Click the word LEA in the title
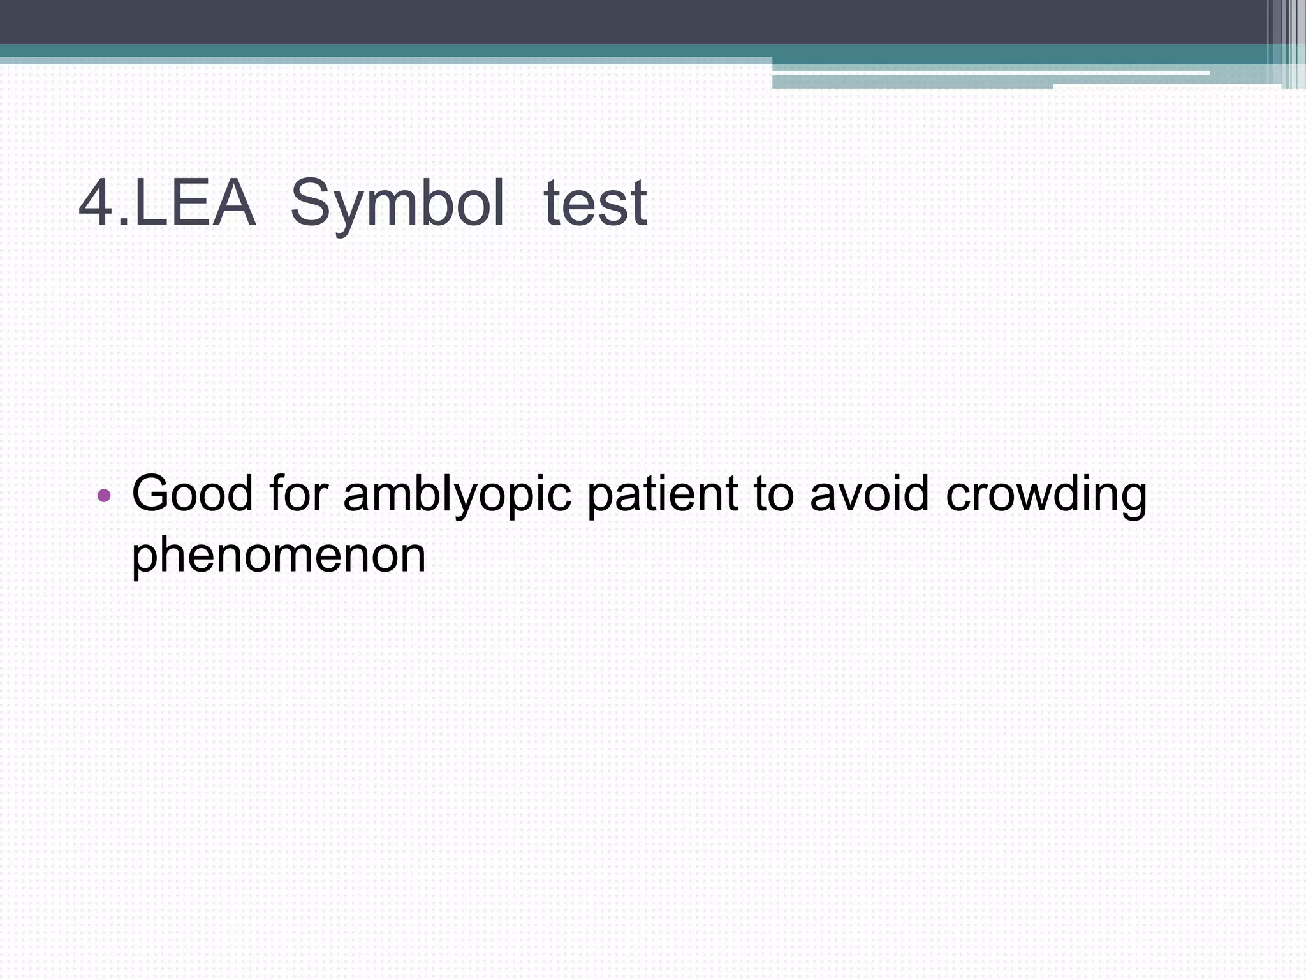[194, 203]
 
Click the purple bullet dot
[105, 495]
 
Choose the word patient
[662, 493]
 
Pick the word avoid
[869, 493]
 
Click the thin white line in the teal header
[988, 73]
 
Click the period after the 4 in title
[124, 223]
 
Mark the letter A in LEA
[233, 203]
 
